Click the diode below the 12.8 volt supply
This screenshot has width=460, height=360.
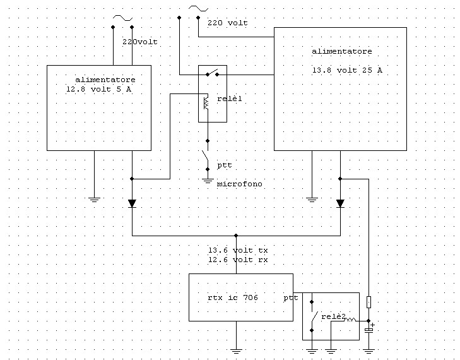132,203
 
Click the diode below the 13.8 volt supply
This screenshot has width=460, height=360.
340,203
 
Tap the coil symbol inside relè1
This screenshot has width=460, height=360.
206,103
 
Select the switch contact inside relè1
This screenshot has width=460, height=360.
213,73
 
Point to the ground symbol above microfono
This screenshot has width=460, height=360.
208,181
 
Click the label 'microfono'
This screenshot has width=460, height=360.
239,184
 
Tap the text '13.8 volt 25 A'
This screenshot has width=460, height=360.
347,70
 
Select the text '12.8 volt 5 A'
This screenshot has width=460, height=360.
99,89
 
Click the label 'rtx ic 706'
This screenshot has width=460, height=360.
233,297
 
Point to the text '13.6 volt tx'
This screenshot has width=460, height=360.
238,250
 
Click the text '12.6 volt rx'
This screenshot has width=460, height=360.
238,260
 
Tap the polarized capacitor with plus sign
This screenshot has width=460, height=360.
369,330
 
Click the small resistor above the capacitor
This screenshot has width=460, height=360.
369,302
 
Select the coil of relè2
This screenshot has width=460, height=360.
350,319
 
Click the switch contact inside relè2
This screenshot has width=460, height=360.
313,316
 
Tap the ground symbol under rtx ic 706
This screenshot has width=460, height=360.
236,351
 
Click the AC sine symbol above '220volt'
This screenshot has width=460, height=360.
122,18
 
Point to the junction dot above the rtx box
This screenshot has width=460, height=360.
236,236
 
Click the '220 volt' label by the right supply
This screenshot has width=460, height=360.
228,23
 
